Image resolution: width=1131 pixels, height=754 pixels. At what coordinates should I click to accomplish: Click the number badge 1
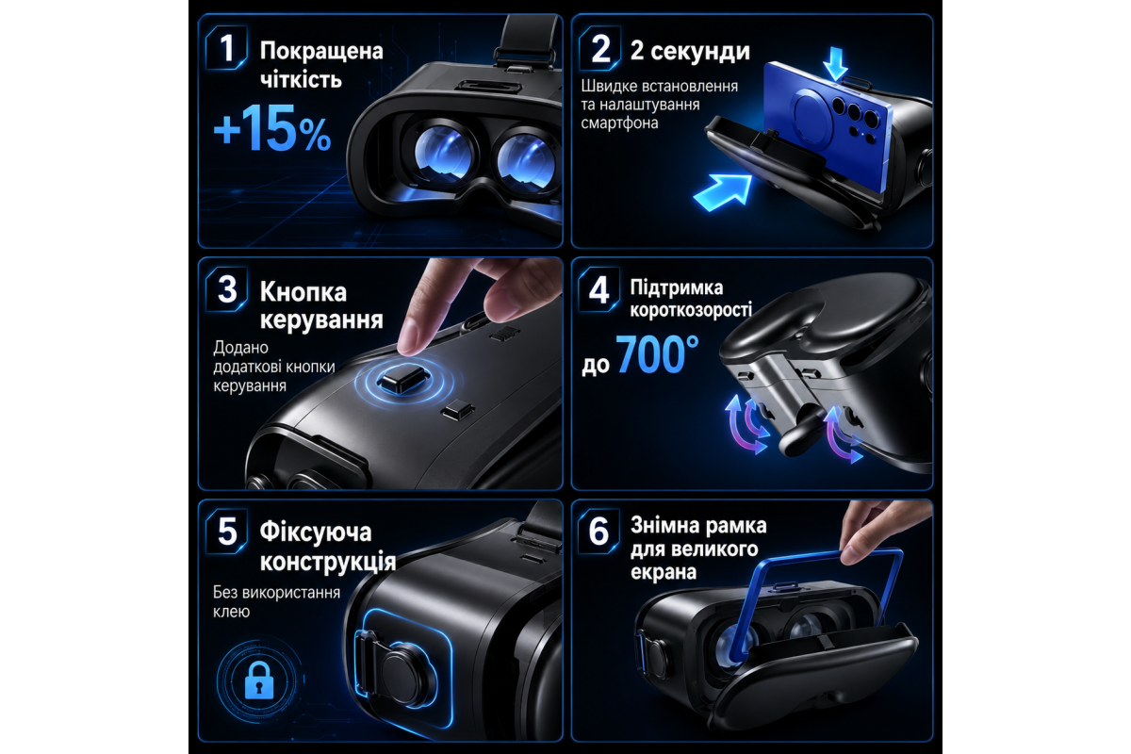click(227, 48)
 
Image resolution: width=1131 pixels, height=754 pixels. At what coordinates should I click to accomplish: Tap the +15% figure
click(272, 128)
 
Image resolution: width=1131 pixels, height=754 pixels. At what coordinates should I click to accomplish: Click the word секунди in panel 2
click(700, 51)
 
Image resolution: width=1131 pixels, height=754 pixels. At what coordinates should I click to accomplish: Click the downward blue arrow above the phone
click(835, 64)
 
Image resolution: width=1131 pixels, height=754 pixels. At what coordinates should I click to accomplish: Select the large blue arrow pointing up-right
click(723, 192)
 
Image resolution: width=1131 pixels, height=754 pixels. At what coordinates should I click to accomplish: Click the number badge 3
click(227, 289)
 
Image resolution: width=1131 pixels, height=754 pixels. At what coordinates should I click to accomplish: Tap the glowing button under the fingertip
click(403, 380)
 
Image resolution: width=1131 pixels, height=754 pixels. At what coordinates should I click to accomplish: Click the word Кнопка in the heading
click(303, 292)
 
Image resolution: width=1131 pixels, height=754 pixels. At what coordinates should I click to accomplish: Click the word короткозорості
click(691, 309)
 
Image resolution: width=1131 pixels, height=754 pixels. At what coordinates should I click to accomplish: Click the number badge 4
click(599, 289)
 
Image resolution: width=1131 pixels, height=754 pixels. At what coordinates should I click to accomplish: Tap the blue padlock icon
click(259, 680)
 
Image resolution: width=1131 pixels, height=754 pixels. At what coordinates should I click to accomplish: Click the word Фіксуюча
click(316, 533)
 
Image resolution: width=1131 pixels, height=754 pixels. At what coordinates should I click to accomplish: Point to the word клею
click(231, 612)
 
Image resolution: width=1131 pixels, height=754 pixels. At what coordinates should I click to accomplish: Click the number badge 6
click(599, 531)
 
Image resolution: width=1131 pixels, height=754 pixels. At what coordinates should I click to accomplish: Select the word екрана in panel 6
click(664, 573)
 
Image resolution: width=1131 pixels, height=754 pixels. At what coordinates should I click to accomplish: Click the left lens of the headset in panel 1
click(443, 153)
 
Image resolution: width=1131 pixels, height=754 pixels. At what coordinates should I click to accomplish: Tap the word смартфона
click(619, 123)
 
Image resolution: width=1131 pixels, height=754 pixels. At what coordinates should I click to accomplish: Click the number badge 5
click(227, 531)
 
